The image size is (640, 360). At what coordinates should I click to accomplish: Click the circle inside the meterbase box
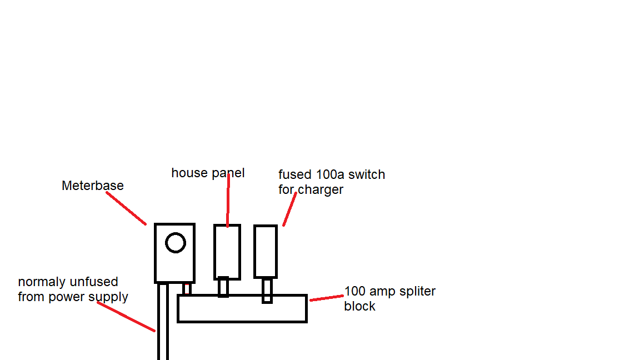(175, 243)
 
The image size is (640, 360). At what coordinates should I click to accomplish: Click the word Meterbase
(93, 186)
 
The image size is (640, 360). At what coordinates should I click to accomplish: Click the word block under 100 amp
(360, 307)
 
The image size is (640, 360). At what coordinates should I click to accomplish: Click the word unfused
(93, 282)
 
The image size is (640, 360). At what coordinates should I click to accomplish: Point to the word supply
(110, 297)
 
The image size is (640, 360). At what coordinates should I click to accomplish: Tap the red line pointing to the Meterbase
(126, 208)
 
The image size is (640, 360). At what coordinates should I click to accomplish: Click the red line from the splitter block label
(326, 298)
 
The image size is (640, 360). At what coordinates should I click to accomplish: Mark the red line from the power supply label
(126, 317)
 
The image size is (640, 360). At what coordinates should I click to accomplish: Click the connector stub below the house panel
(223, 287)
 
